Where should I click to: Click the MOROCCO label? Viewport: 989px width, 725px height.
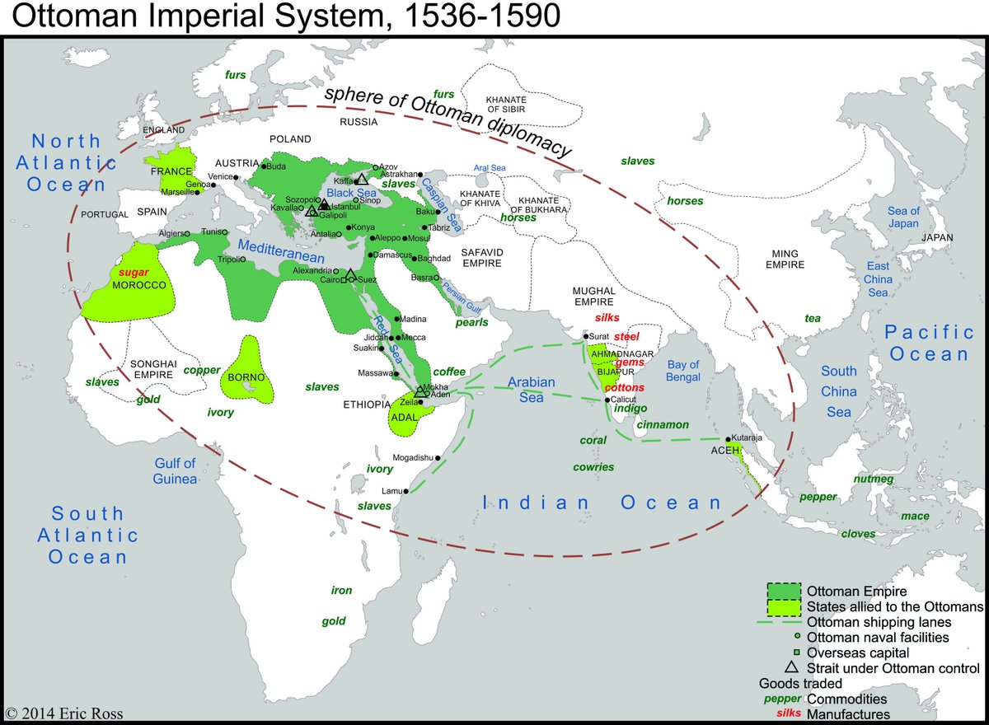tap(138, 285)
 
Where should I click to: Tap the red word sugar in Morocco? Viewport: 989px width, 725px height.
tap(134, 271)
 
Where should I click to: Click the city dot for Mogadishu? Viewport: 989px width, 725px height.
tap(438, 458)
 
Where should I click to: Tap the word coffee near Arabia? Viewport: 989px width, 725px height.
tap(449, 372)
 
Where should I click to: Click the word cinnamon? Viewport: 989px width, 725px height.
tap(663, 425)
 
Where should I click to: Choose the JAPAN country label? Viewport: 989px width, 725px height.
tap(936, 237)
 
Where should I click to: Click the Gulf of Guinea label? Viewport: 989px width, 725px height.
tap(175, 471)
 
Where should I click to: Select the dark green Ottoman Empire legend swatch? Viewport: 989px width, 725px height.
tap(783, 592)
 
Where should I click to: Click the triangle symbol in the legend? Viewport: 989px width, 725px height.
tap(790, 668)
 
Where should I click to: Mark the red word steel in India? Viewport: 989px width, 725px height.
tap(626, 336)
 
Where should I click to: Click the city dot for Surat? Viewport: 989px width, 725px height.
tap(584, 336)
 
